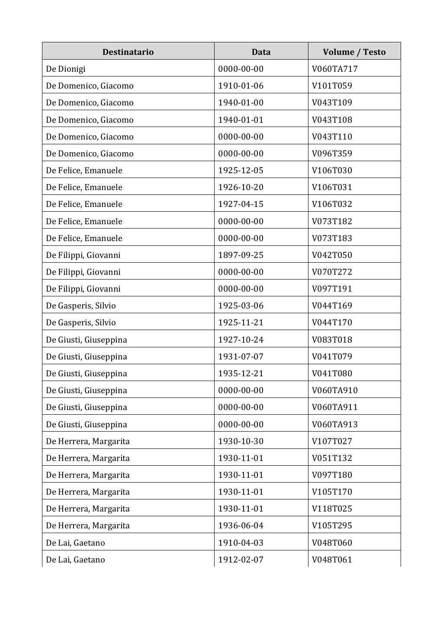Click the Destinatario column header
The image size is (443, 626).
[128, 52]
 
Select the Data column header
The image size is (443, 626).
[261, 52]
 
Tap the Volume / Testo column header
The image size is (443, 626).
[354, 52]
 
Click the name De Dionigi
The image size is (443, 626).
[66, 69]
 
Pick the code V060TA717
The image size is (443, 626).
[334, 69]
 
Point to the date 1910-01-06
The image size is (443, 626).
[241, 86]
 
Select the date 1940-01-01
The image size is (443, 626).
[241, 120]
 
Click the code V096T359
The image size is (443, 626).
[332, 153]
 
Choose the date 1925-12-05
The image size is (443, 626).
[241, 170]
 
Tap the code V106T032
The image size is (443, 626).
[332, 204]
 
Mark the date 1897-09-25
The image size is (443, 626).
[241, 255]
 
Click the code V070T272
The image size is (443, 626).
[332, 272]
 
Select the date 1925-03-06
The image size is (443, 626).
[241, 305]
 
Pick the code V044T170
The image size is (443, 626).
[332, 322]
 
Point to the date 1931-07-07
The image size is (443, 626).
[241, 356]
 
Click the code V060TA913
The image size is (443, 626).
[334, 424]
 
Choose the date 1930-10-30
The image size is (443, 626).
[241, 441]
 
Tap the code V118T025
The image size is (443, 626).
[332, 508]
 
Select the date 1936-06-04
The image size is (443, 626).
[241, 525]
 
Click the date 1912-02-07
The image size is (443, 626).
[241, 559]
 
